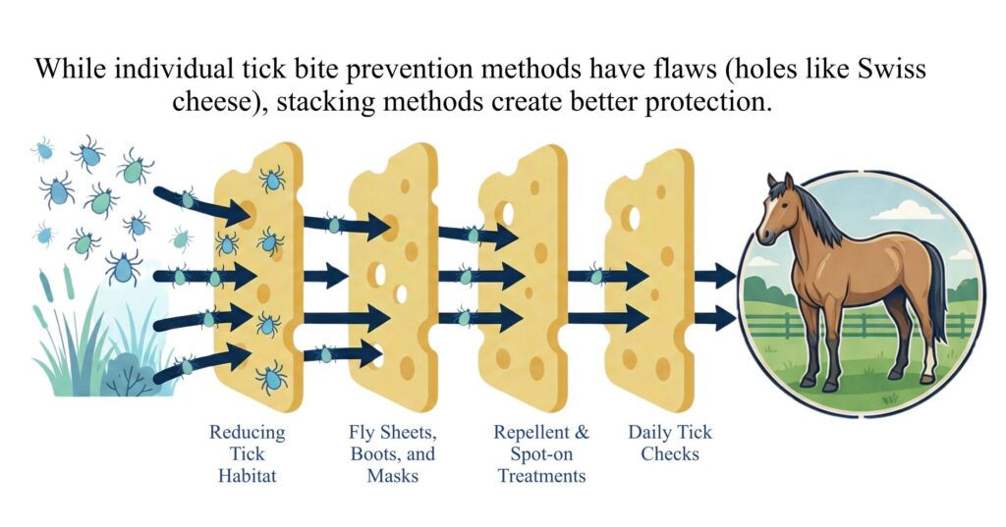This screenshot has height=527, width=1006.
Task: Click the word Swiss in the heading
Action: coord(892,68)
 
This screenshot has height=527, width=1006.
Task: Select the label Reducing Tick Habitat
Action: coord(247,454)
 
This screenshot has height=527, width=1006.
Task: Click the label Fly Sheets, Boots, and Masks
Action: coord(393,454)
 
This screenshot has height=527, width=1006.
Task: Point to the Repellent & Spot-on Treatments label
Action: coord(541,454)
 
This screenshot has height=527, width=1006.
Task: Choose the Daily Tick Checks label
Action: coord(670,443)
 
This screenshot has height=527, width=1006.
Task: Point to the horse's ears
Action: coord(780,182)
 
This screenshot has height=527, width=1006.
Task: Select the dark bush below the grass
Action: coord(131,376)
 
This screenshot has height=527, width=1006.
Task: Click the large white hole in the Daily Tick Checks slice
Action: coord(633,218)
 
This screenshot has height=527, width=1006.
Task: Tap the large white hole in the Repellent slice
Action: coord(508,214)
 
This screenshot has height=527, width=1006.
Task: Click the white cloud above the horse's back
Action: coord(906,210)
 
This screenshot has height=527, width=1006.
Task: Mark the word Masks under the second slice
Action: coord(393,476)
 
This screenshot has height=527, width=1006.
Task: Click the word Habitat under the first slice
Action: coord(247,476)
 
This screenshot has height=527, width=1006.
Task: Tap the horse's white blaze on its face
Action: coord(766,212)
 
